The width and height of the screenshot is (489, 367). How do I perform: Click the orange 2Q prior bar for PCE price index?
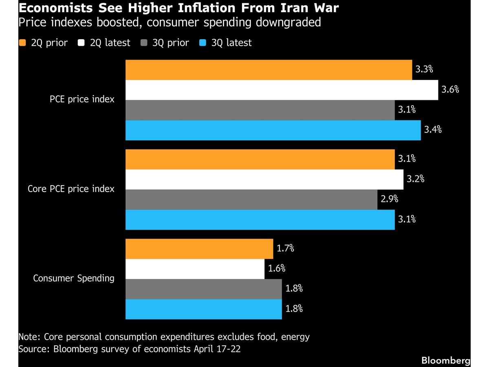269,70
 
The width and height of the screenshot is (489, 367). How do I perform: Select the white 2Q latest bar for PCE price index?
282,90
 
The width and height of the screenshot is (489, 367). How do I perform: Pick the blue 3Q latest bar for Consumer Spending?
203,309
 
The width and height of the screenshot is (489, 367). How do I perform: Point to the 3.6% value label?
450,90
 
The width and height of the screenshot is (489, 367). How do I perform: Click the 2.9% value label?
390,199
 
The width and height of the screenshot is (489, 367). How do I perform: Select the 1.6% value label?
276,268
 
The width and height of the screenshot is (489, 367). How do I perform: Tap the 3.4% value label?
433,130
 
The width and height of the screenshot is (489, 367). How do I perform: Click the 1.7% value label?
285,248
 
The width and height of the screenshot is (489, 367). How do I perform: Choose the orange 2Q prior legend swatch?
23,43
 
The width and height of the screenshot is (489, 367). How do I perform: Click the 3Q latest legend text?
231,43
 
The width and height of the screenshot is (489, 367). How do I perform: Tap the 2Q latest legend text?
110,43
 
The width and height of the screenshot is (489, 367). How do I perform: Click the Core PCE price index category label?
71,189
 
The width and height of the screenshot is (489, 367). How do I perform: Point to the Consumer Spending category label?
74,279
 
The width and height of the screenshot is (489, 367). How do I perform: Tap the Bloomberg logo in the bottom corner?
445,360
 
